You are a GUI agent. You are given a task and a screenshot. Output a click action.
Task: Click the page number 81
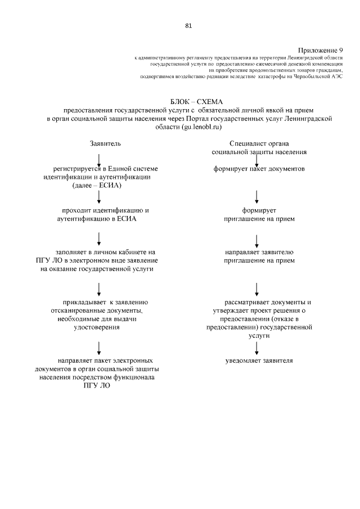(x=188, y=25)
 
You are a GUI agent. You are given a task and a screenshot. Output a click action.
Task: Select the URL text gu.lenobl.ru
(x=191, y=128)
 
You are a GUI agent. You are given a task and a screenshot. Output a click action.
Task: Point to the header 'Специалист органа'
(x=259, y=144)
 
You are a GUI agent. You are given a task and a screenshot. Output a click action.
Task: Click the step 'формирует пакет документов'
(x=259, y=169)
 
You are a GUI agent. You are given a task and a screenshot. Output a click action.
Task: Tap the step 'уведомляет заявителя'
(x=259, y=360)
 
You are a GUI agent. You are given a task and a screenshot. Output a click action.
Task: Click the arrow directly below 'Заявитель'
(x=99, y=159)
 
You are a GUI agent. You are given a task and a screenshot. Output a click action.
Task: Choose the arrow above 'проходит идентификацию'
(x=99, y=197)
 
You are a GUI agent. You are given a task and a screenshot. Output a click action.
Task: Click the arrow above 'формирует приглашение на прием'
(x=256, y=197)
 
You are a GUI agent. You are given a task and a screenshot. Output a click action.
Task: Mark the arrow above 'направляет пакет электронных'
(x=99, y=346)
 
